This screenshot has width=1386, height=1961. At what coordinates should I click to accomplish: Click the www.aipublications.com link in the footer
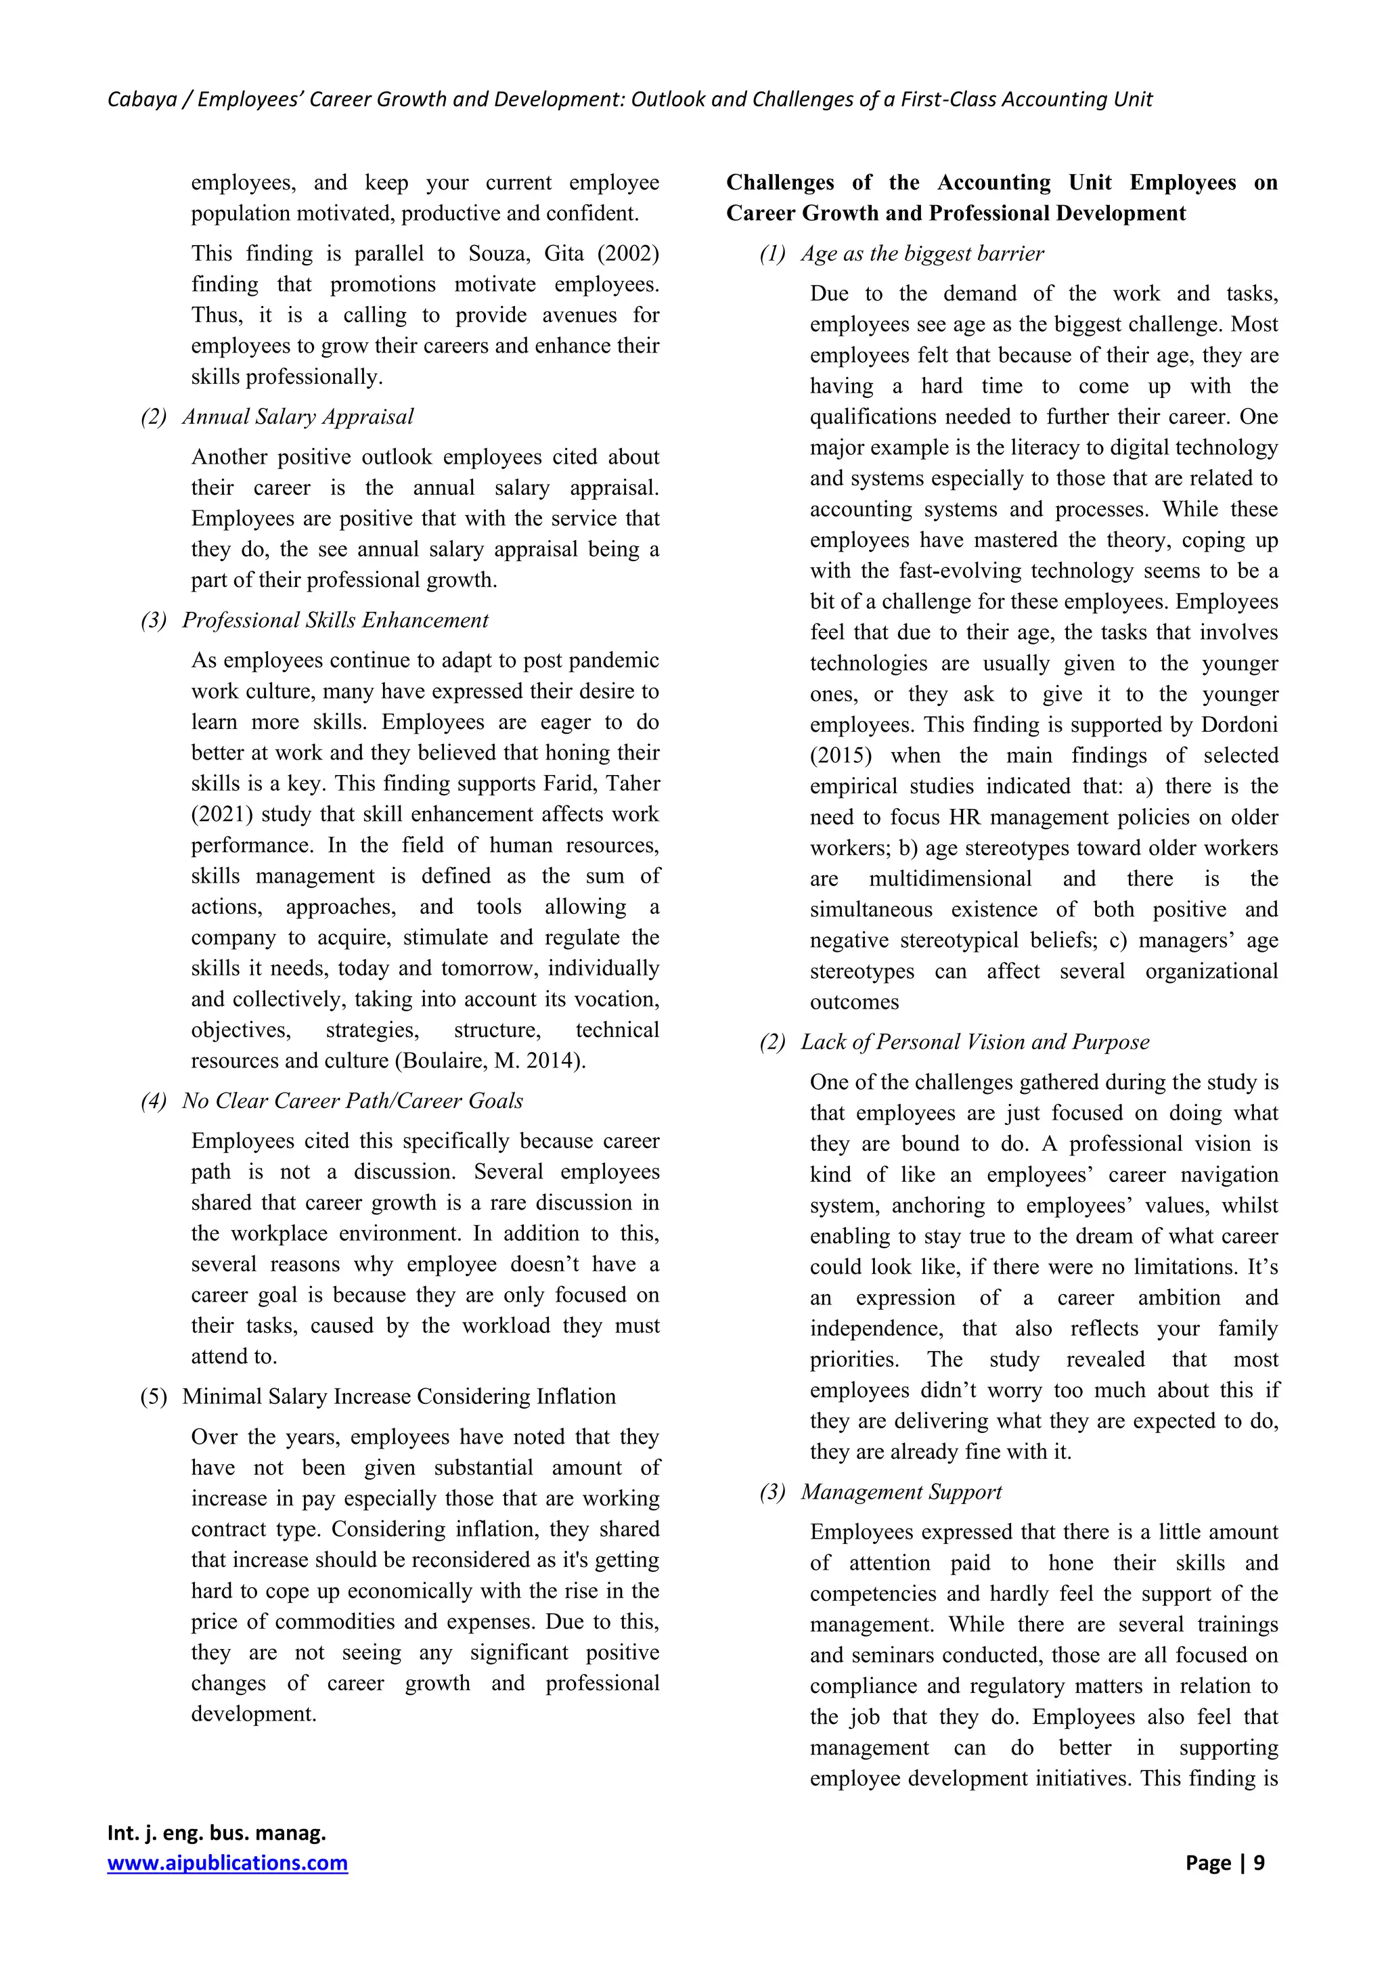(x=227, y=1863)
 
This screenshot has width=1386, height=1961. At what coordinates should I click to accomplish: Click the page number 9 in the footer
(x=1259, y=1863)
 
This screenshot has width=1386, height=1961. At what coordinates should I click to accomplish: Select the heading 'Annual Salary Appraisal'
(x=297, y=417)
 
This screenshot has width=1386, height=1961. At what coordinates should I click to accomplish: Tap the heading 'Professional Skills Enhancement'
(x=335, y=620)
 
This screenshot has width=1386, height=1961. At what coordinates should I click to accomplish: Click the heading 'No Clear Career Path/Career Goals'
(x=352, y=1101)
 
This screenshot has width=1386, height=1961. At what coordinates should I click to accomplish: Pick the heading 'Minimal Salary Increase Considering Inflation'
(x=398, y=1396)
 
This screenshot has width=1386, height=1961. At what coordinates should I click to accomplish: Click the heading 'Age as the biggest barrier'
(x=922, y=254)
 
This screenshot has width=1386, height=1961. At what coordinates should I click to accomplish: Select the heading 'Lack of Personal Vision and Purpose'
(x=975, y=1042)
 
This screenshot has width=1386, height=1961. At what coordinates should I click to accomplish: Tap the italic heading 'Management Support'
(x=901, y=1492)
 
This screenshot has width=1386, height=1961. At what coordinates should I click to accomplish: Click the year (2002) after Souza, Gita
(x=627, y=254)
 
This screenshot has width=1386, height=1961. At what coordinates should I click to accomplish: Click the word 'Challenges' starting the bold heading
(x=780, y=183)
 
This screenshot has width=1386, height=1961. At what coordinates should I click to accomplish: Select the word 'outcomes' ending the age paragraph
(x=854, y=1002)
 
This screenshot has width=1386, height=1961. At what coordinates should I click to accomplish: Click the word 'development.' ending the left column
(x=254, y=1713)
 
